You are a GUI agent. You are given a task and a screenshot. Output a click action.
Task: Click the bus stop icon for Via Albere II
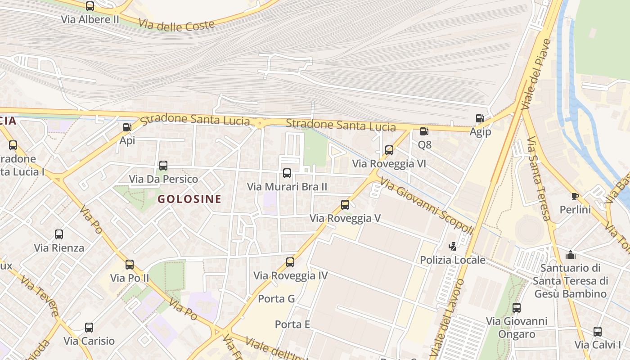pos(90,6)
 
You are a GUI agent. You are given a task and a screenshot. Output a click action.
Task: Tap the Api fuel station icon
pos(127,127)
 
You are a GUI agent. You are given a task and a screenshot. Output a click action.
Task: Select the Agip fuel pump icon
pos(480,119)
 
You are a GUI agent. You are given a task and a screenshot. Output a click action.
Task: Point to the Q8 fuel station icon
pos(424,131)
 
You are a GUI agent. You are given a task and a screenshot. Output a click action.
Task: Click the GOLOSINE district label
pos(189,199)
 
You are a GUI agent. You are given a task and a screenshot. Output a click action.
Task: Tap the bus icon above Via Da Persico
pos(163,166)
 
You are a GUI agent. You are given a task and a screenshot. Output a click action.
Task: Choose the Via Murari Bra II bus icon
pos(287,173)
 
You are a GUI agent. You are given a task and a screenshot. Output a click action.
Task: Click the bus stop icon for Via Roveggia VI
pos(389,150)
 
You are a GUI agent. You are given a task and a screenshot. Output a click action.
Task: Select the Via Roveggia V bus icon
pos(345,205)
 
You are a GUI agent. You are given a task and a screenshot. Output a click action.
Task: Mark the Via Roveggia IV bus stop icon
pos(290,262)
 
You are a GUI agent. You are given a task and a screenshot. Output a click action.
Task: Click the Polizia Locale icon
pos(452,247)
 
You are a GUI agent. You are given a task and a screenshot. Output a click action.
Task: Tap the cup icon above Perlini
pos(575,196)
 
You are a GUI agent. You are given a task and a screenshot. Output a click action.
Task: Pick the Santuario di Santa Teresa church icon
pos(571,255)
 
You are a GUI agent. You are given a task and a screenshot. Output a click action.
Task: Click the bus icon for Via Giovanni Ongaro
pos(517,308)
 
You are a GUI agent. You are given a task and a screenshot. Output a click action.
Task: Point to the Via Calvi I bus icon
pos(598,332)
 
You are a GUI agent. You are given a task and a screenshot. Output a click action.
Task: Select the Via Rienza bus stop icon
pos(59,234)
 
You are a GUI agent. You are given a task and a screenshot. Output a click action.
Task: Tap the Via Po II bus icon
pos(130,264)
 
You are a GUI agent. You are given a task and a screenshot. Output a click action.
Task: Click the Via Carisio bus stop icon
pos(89,328)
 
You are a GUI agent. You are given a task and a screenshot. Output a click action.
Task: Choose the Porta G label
pos(276,299)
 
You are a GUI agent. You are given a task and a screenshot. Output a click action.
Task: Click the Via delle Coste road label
pos(176,25)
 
